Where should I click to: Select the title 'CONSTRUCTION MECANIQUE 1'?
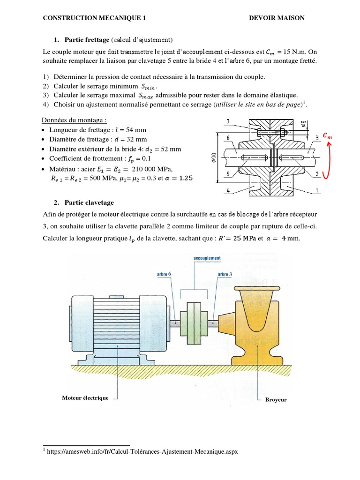[94, 18]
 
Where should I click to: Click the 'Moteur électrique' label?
[85, 398]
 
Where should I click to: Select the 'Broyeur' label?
[276, 400]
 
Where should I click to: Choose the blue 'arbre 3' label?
[224, 274]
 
